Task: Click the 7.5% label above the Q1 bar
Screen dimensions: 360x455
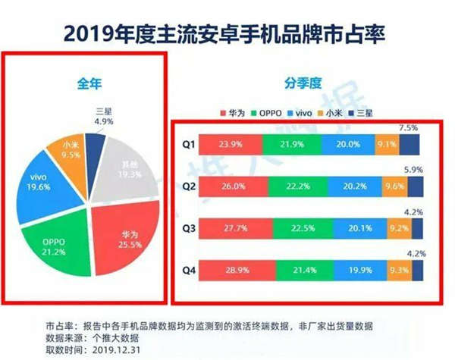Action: (409, 127)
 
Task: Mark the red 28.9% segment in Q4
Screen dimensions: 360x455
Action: (234, 271)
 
